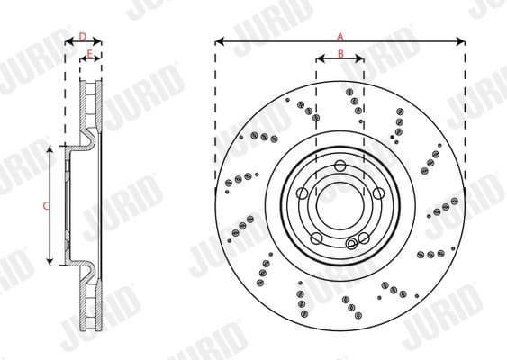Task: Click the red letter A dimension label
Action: pos(340,36)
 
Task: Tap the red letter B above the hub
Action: pos(340,53)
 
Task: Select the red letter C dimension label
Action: pos(46,206)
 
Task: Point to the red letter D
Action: pos(83,36)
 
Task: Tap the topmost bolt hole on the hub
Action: pos(340,166)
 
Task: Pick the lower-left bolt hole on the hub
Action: pos(317,238)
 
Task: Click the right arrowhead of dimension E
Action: pos(97,59)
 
